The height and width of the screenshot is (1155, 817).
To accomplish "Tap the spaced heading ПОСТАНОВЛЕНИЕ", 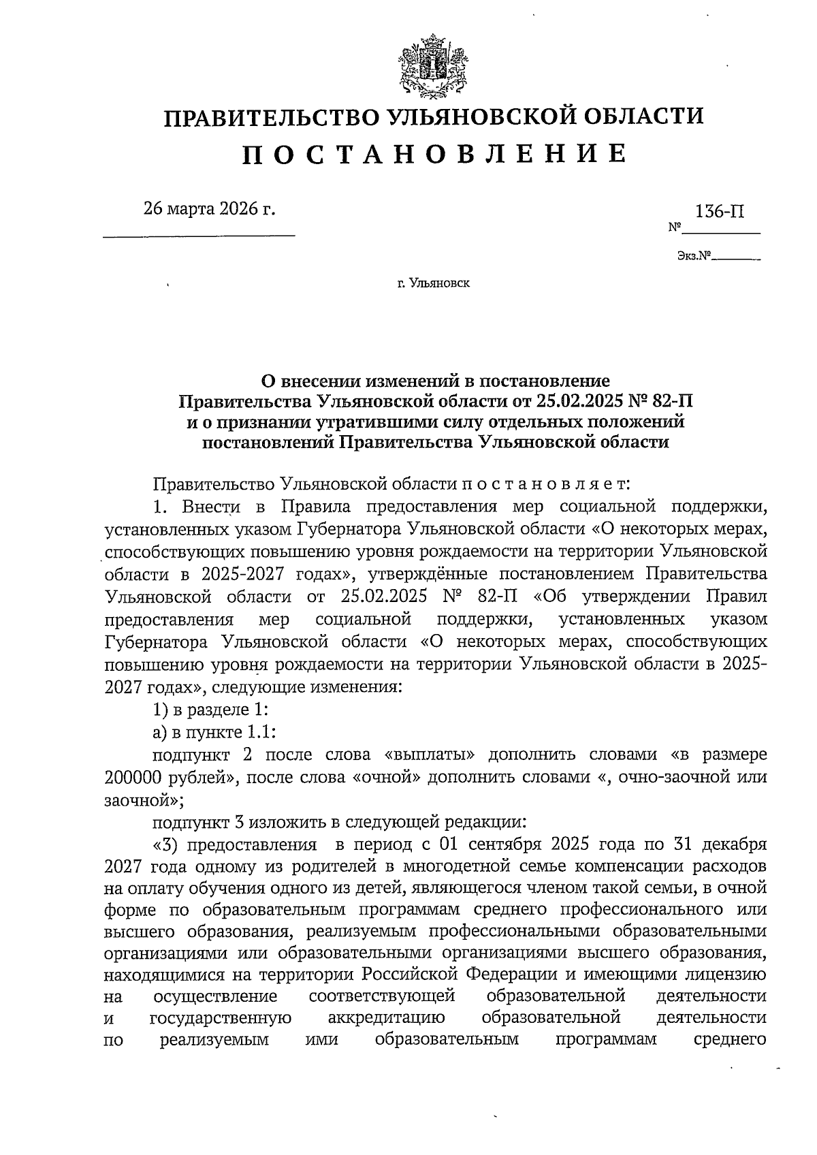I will click(x=434, y=155).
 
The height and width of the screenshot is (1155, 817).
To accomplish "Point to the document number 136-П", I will click(x=719, y=211).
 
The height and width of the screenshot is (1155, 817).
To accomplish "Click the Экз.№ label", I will click(x=694, y=257).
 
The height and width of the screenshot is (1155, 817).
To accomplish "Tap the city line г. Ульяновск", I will click(x=434, y=283).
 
